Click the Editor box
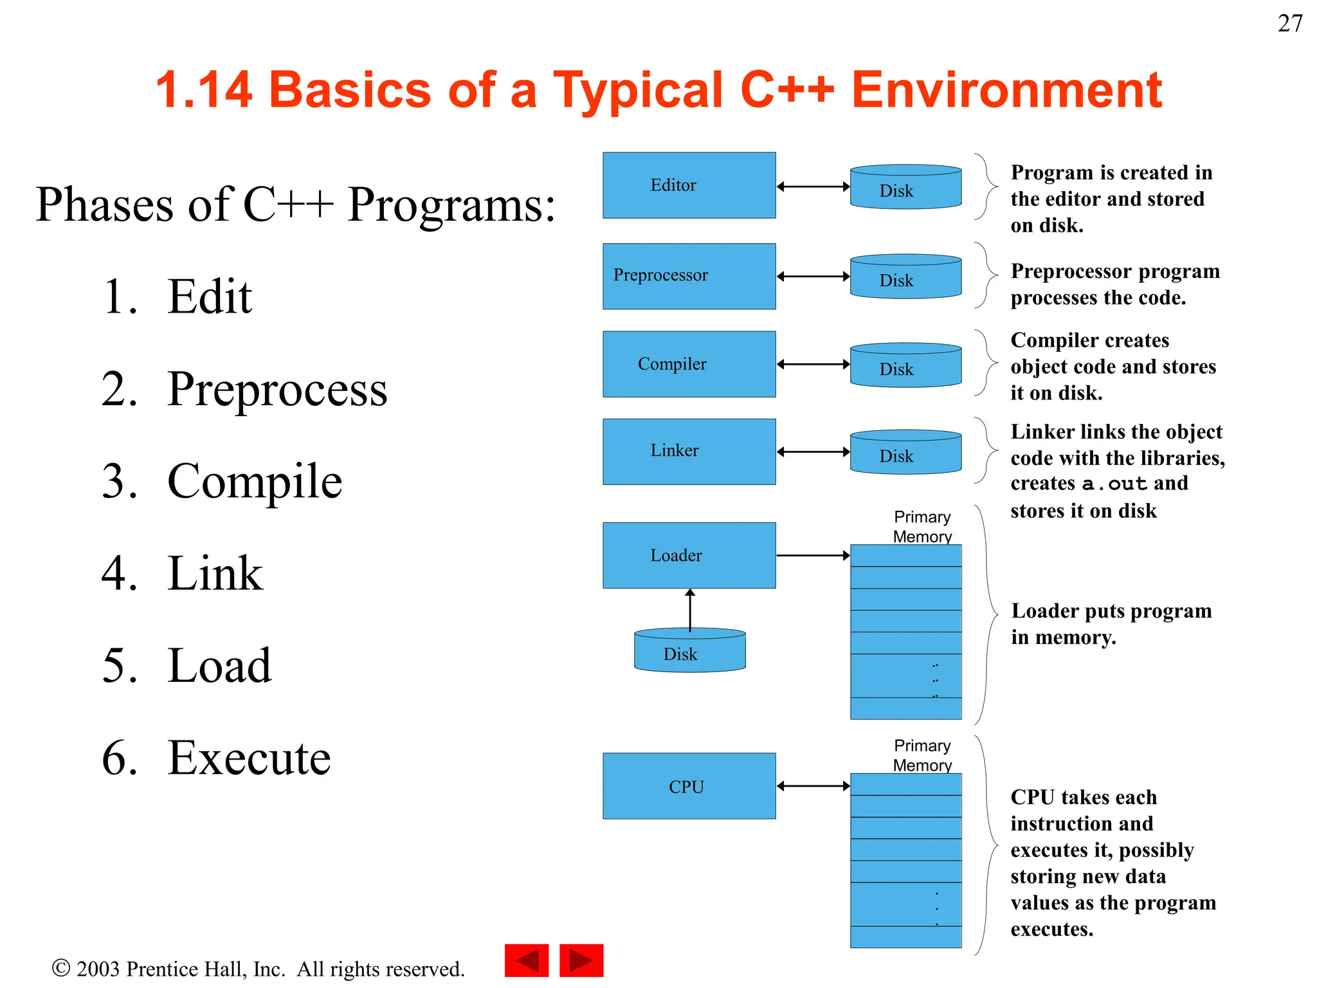689,185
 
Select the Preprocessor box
689,276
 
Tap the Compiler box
689,364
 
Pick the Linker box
689,452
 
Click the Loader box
689,555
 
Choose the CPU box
689,786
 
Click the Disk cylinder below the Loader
689,651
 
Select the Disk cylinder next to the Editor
905,188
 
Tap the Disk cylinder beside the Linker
905,453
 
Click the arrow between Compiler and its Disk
813,364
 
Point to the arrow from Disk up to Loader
690,609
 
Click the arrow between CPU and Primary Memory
813,786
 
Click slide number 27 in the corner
1289,24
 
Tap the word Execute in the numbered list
249,758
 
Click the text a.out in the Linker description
1114,484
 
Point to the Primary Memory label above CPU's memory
922,755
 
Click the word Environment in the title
1006,90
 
